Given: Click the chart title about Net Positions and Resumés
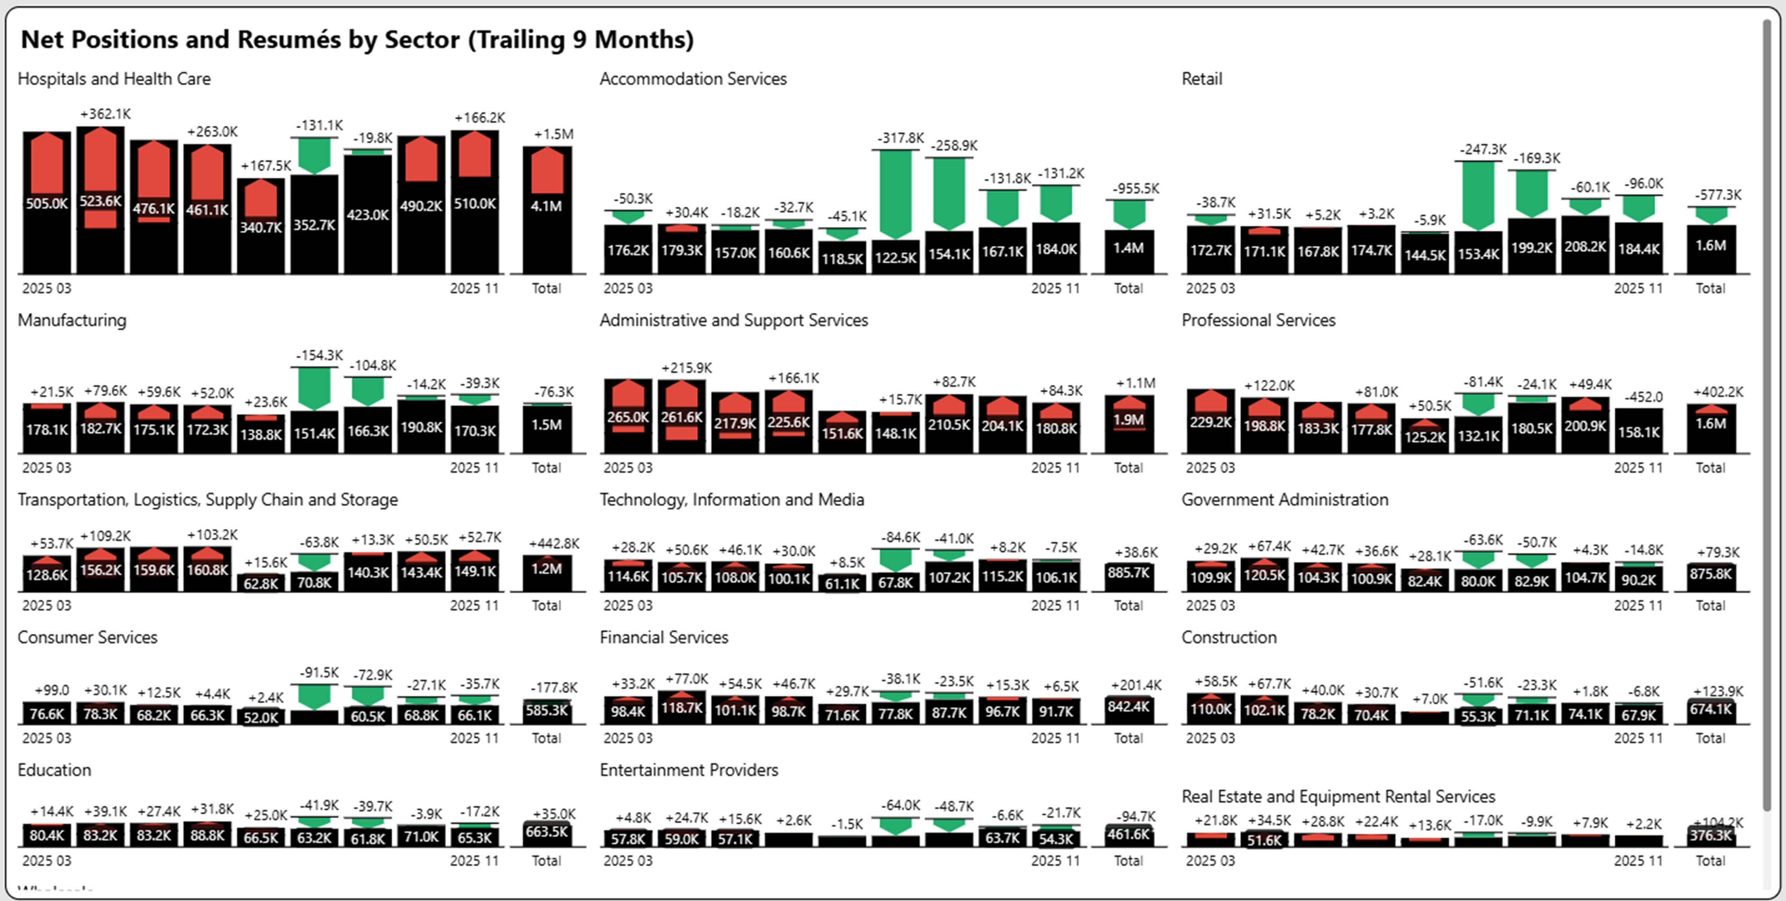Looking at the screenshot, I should [x=357, y=39].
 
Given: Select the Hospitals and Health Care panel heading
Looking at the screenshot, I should [x=114, y=79].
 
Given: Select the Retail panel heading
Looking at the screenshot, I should [x=1202, y=79].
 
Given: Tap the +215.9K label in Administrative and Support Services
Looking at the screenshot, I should [x=686, y=368].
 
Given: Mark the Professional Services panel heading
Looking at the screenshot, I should [x=1258, y=320].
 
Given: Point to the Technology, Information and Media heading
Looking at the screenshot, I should [x=731, y=500].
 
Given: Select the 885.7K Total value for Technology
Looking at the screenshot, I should [x=1128, y=573].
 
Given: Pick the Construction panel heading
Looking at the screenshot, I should [x=1229, y=637].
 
